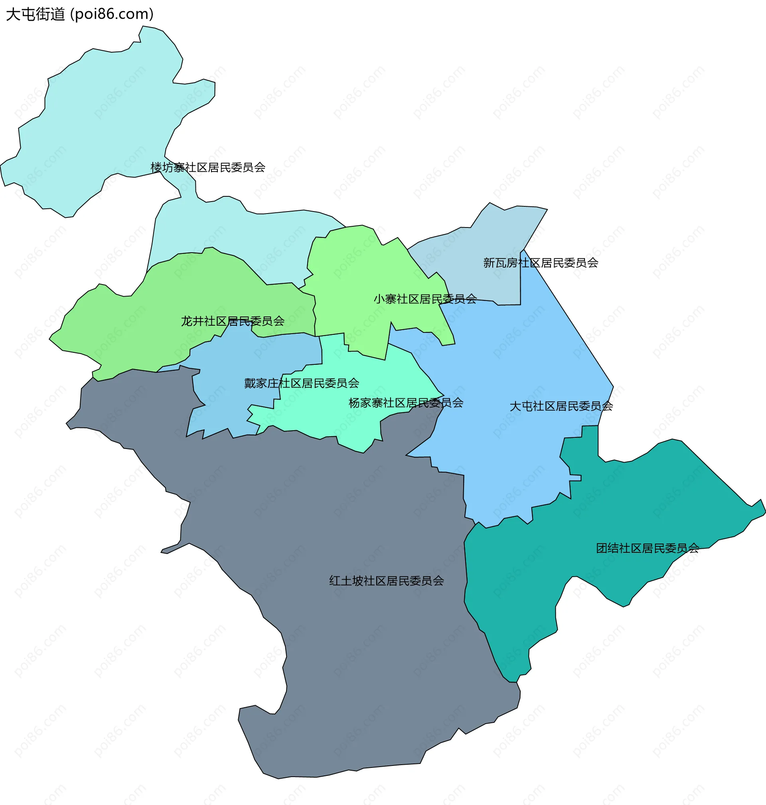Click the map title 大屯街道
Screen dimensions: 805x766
[x=35, y=14]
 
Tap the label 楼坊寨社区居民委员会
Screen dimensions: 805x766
[x=208, y=168]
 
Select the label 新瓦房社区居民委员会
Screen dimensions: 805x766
[x=541, y=263]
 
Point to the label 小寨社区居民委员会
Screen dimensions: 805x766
[x=425, y=299]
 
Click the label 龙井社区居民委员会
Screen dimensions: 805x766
[x=233, y=321]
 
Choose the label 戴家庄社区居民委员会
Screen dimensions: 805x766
[x=301, y=384]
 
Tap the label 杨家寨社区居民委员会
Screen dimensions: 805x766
[x=406, y=403]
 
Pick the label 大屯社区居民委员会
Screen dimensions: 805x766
[x=561, y=406]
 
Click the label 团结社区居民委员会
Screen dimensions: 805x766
[x=648, y=548]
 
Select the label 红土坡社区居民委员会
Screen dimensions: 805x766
[x=387, y=581]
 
